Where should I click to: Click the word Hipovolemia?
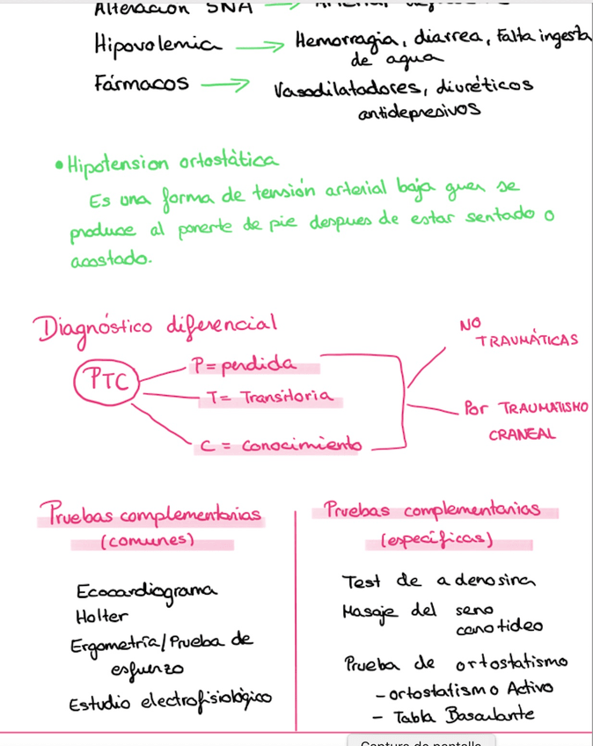pyautogui.click(x=157, y=45)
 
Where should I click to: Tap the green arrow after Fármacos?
pyautogui.click(x=227, y=84)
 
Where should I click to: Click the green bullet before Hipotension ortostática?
pyautogui.click(x=58, y=165)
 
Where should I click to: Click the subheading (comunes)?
pyautogui.click(x=147, y=541)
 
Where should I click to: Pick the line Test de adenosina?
pyautogui.click(x=438, y=581)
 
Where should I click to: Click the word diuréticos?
pyautogui.click(x=487, y=87)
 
